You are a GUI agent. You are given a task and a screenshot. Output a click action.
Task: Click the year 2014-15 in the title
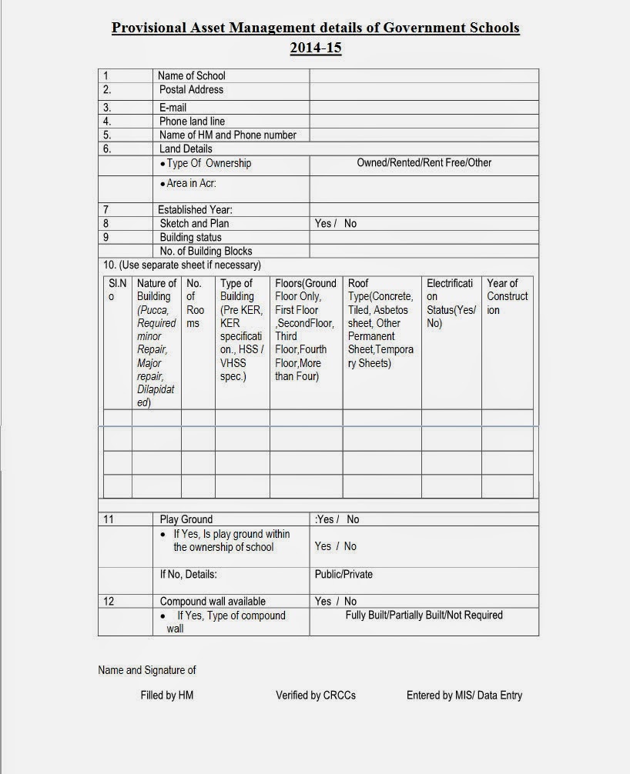click(x=315, y=48)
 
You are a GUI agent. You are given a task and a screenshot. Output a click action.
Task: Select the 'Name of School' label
click(x=191, y=75)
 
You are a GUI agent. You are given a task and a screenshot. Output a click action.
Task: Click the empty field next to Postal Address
click(x=424, y=90)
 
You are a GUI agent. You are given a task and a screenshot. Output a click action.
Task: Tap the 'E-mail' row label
click(x=173, y=108)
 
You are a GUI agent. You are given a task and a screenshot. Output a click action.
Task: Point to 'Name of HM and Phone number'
click(x=228, y=135)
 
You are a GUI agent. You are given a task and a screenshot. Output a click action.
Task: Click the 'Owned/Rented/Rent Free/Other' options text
click(x=424, y=163)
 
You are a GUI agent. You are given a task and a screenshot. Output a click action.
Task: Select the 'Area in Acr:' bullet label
click(x=188, y=184)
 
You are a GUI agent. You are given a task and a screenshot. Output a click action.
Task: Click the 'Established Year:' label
click(x=195, y=209)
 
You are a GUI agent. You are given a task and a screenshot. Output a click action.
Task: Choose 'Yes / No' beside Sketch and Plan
click(x=336, y=223)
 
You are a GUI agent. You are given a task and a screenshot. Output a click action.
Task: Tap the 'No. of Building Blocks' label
click(x=206, y=251)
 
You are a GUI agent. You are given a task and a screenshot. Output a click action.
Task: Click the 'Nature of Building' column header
click(x=156, y=289)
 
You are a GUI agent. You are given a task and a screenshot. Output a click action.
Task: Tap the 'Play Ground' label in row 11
click(x=186, y=519)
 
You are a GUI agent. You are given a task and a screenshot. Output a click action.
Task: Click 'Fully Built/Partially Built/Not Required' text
click(x=424, y=616)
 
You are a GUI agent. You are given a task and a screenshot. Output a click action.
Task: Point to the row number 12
click(x=109, y=601)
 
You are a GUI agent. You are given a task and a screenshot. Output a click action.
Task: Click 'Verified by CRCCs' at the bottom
click(x=316, y=695)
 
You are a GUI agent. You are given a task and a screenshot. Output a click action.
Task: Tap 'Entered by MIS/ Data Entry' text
click(x=464, y=695)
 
